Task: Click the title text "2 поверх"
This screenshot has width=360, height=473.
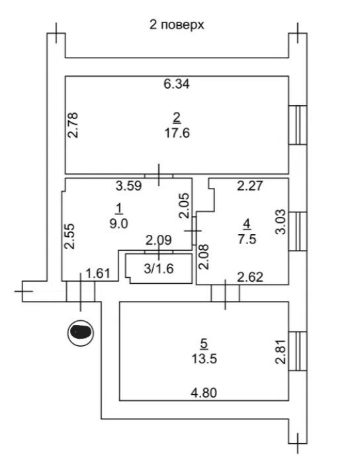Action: click(177, 25)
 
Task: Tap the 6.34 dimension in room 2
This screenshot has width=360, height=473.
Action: click(177, 84)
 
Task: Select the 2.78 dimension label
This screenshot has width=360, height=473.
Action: click(73, 125)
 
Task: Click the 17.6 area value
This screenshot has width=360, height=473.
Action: click(177, 133)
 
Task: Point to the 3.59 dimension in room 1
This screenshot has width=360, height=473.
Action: click(129, 185)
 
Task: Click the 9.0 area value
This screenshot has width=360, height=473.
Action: click(119, 224)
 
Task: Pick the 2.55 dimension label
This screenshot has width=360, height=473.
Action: click(69, 236)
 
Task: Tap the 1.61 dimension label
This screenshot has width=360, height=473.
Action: click(98, 274)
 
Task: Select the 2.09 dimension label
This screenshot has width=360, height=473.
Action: click(159, 240)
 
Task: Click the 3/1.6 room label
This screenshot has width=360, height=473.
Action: click(159, 269)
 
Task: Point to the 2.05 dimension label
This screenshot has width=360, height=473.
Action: click(185, 206)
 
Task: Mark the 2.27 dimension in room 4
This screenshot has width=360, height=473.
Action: click(250, 185)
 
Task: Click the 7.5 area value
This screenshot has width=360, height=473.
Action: click(247, 239)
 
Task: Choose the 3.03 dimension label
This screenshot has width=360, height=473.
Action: click(281, 223)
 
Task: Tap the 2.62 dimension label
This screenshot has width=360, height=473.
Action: click(250, 277)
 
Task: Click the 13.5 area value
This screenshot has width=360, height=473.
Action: click(204, 359)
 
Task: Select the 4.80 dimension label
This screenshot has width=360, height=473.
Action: click(204, 393)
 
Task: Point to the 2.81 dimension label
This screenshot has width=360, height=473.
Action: click(281, 351)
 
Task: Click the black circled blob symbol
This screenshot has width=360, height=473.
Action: click(81, 333)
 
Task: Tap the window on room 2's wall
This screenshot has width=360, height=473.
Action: click(298, 125)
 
